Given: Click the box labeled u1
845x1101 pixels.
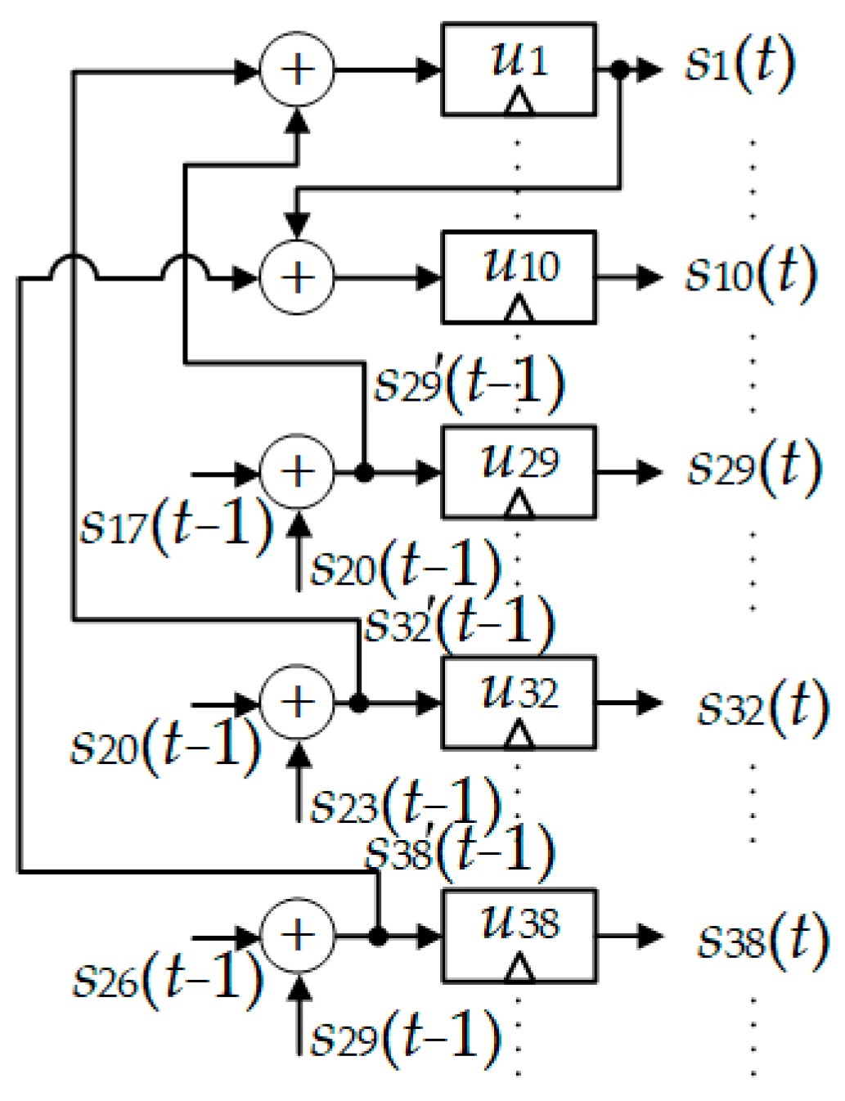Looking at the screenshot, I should [518, 70].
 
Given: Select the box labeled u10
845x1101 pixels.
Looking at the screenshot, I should [518, 277].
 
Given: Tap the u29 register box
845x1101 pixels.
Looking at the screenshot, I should [518, 472].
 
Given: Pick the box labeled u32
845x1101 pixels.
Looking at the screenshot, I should [518, 703].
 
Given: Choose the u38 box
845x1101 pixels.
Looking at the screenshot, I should [518, 936].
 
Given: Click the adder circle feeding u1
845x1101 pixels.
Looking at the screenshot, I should [297, 70].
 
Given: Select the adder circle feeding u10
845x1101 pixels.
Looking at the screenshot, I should [297, 277].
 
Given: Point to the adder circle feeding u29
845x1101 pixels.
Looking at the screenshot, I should [297, 472].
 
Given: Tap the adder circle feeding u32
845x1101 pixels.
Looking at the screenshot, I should [297, 703].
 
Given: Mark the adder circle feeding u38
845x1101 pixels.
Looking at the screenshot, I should [297, 936].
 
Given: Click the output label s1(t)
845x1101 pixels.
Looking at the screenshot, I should [739, 65].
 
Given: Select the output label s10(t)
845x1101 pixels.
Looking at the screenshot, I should [750, 274].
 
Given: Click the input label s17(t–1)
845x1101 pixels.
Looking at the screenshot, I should [176, 526].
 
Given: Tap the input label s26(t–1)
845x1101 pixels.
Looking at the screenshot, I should [168, 977].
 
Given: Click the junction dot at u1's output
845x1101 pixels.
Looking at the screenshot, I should [620, 70].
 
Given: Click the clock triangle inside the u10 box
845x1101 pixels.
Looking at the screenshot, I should [518, 309].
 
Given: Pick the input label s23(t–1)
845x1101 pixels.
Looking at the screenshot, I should [406, 803].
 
